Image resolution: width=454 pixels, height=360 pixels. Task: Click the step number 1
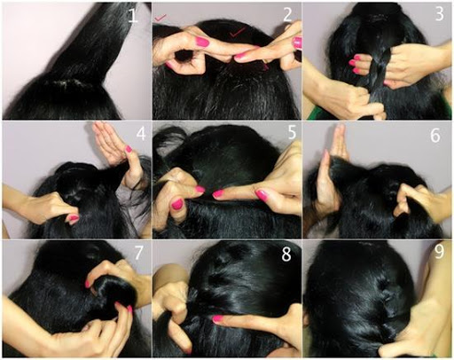[x=133, y=15]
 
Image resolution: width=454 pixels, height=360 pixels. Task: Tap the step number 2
[x=287, y=15]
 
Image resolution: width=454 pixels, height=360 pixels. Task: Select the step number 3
[x=439, y=13]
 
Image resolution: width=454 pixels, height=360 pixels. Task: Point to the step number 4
[x=141, y=134]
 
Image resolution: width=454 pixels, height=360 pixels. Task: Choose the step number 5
[x=292, y=132]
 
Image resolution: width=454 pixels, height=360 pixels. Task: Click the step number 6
[x=435, y=136]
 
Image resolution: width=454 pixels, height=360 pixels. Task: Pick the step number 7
[x=139, y=253]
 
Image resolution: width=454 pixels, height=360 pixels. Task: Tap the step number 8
[x=286, y=254]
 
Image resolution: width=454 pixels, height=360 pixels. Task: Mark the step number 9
[x=439, y=252]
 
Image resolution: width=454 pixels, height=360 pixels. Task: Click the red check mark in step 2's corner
[x=160, y=18]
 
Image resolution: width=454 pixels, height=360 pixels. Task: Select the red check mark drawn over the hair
[x=238, y=32]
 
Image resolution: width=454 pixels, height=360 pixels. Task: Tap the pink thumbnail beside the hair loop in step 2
[x=202, y=42]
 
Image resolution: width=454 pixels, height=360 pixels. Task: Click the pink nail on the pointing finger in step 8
[x=217, y=318]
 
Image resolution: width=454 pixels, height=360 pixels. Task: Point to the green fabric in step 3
[x=313, y=113]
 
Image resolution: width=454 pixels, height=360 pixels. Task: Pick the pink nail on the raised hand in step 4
[x=129, y=149]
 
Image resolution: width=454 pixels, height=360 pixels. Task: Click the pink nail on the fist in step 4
[x=74, y=219]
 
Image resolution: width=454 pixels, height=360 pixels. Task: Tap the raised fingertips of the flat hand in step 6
[x=340, y=130]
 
